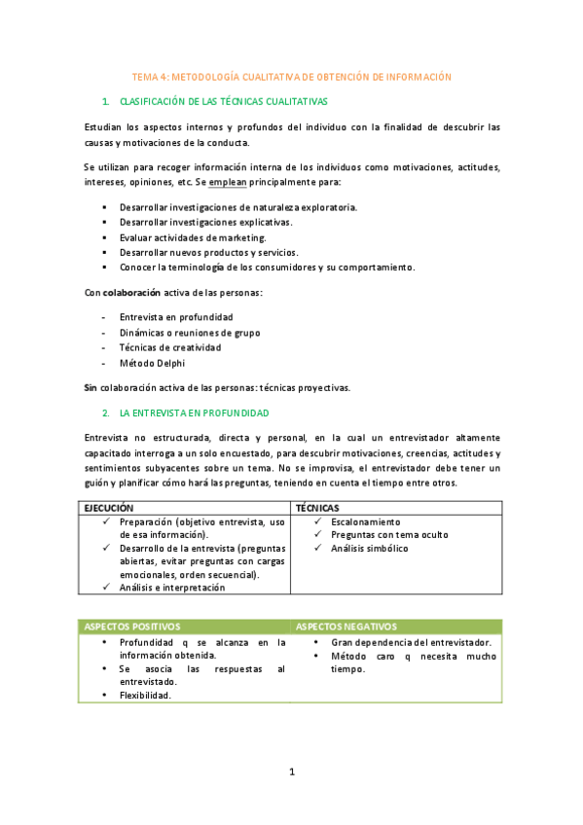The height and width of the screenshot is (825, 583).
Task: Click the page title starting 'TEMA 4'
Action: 292,76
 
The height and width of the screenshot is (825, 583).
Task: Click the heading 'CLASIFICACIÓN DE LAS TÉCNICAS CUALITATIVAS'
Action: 223,101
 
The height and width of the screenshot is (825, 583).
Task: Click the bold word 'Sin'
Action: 90,387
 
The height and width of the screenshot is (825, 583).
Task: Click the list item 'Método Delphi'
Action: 152,363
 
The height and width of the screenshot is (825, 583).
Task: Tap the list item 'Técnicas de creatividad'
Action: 169,347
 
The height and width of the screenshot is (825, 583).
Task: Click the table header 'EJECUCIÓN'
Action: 109,508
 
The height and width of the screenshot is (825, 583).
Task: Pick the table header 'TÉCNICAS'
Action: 317,508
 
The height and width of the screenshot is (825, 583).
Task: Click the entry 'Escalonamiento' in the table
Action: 366,521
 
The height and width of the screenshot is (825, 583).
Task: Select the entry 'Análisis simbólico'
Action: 370,548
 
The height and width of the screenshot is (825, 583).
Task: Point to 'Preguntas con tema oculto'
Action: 389,534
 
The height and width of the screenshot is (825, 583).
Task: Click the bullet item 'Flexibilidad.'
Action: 145,695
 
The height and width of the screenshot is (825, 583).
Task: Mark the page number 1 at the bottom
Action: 291,771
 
